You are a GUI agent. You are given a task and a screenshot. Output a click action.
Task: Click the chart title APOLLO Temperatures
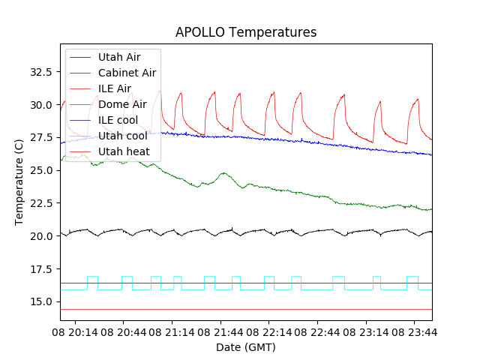(x=246, y=32)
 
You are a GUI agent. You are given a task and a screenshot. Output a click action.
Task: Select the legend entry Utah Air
(x=118, y=57)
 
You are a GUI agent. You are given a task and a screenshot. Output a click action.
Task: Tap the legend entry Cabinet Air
(x=127, y=73)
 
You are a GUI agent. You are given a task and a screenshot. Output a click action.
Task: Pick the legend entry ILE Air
(x=114, y=88)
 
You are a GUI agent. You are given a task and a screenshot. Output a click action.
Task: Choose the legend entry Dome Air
(x=122, y=104)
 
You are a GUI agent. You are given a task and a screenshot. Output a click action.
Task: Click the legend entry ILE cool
(x=118, y=120)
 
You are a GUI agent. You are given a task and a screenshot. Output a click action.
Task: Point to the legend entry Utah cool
(x=122, y=136)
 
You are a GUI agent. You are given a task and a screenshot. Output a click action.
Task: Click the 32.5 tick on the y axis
(x=40, y=72)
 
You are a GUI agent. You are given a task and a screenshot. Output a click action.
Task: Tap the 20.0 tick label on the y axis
(x=40, y=235)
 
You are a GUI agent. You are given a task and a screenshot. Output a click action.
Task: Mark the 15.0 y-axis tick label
(x=40, y=301)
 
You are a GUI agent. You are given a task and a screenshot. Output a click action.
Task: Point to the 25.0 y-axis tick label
(x=40, y=170)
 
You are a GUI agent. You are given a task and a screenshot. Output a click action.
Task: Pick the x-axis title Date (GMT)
(x=246, y=347)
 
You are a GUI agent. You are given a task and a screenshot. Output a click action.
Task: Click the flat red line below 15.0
(x=247, y=309)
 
